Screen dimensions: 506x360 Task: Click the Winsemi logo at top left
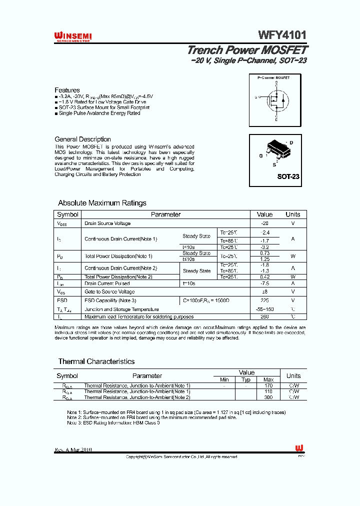click(x=72, y=36)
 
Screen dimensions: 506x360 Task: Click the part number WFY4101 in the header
click(x=282, y=35)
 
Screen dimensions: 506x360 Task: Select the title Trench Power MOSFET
click(x=247, y=50)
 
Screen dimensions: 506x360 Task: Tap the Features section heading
click(x=67, y=90)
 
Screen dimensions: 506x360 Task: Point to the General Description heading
click(x=82, y=139)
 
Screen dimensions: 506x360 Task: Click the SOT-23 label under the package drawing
click(x=288, y=176)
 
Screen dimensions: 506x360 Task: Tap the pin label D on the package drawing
click(x=291, y=143)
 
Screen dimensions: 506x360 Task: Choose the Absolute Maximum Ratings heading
click(x=102, y=203)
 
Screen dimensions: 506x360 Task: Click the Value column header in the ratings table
click(x=264, y=214)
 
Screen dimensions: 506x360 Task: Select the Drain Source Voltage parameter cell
click(x=107, y=223)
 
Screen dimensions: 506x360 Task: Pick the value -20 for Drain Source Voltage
click(x=264, y=223)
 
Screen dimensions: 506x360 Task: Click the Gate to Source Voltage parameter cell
click(x=109, y=291)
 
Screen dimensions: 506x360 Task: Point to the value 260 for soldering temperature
click(x=264, y=316)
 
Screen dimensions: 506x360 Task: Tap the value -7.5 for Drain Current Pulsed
click(x=264, y=283)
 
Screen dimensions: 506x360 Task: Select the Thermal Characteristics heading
click(x=96, y=361)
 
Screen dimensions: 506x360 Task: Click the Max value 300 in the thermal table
click(x=268, y=397)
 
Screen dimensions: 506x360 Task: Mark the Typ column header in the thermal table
click(x=246, y=379)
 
